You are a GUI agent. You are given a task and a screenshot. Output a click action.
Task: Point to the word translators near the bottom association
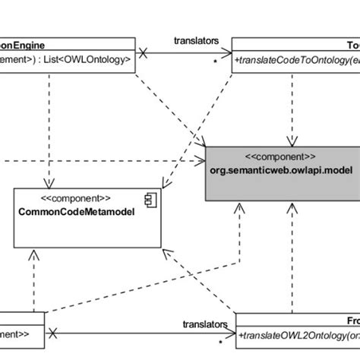(x=205, y=324)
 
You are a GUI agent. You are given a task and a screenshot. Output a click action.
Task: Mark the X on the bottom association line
(x=52, y=333)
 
